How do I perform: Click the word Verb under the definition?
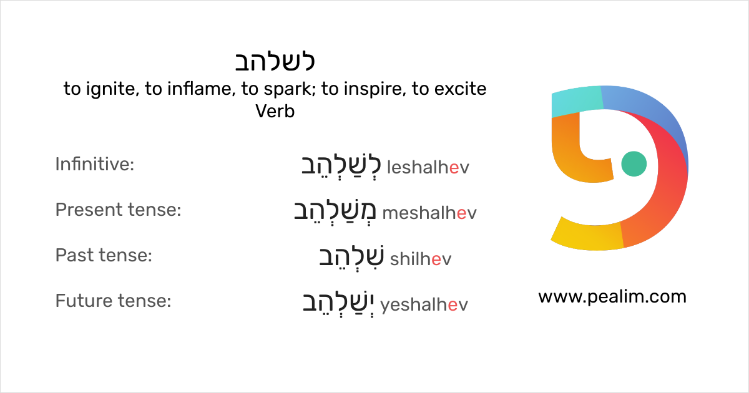[275, 112]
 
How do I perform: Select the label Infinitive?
[95, 165]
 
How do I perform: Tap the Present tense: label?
[118, 210]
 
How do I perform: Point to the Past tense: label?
[104, 256]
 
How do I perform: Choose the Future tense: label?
[113, 301]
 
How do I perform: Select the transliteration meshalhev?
[429, 213]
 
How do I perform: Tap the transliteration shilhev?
[420, 259]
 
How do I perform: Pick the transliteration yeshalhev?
[424, 304]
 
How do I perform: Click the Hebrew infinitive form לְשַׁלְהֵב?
[340, 165]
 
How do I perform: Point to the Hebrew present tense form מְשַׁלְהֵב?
[335, 211]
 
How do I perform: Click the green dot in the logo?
[634, 163]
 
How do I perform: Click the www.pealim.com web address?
[612, 297]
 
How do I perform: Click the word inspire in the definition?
[373, 89]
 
